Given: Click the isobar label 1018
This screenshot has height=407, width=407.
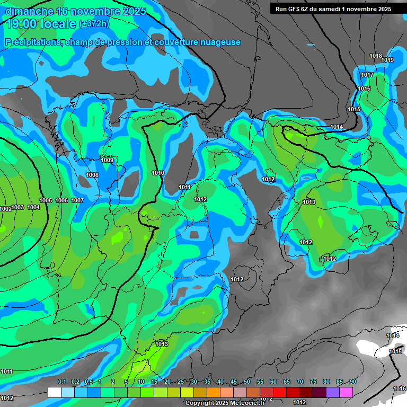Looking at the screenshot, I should point(376,56).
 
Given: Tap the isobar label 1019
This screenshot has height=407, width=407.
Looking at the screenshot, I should point(387,60).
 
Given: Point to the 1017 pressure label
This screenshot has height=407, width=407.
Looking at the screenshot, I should point(367,75).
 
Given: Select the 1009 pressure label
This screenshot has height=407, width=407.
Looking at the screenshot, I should point(107,160).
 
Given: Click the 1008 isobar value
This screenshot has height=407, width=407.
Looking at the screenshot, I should point(92,175).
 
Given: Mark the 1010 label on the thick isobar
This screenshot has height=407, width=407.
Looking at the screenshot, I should point(158,173).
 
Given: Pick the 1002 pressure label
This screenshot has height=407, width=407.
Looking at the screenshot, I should point(5,209).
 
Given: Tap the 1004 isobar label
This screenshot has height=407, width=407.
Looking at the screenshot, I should point(33,207).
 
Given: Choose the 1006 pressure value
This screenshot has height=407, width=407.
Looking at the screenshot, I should point(61,200).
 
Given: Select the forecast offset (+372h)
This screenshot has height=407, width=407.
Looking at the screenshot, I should point(94,24).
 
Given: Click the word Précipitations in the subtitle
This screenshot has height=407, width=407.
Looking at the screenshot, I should point(32,42).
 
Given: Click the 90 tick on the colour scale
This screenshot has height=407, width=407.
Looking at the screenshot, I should point(352,382).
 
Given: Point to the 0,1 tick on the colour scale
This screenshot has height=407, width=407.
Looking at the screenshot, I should point(62,382).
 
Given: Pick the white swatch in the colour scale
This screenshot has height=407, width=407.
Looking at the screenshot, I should point(54,392).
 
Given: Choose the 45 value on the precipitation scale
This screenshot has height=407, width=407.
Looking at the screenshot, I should point(234,382).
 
